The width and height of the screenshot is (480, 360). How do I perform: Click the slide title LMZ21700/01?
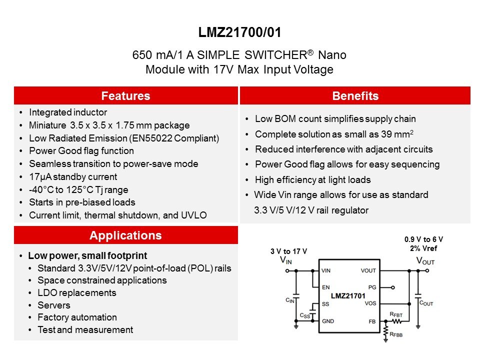coord(239,32)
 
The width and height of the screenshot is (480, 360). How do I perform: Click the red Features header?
coord(126,95)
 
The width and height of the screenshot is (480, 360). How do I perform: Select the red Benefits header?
coord(355,95)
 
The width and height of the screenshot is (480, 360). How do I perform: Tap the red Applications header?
coord(126,235)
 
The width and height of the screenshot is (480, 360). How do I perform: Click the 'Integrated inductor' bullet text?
coord(68,112)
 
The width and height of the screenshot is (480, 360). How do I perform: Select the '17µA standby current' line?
coord(73,177)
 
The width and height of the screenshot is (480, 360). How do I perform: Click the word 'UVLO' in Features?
coord(194,215)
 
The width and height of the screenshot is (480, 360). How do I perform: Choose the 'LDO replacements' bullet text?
coord(77,293)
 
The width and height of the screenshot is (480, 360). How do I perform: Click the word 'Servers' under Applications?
coord(54,305)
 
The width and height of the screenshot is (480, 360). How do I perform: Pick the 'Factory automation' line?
coord(77,317)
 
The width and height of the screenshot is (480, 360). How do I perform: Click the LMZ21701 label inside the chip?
coord(348,295)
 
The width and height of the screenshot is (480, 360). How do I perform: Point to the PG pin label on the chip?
coord(372,287)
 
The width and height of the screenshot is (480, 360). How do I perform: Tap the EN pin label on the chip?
coord(325,287)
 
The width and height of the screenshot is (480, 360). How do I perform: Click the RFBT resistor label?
coord(396,314)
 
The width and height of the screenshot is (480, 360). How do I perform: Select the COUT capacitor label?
coord(426,303)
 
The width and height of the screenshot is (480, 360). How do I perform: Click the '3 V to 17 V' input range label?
coord(288,251)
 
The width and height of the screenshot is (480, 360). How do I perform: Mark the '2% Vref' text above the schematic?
coord(423,248)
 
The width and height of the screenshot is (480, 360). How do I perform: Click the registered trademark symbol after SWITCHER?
coord(310,52)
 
